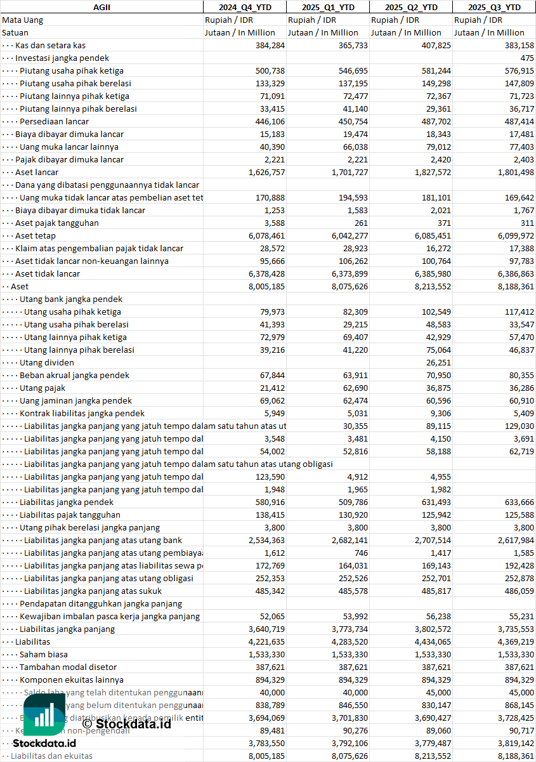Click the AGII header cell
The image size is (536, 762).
click(x=101, y=7)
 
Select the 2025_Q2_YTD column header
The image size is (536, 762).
click(x=411, y=7)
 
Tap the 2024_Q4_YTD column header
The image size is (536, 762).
click(x=245, y=7)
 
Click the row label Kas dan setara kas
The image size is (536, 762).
click(x=50, y=45)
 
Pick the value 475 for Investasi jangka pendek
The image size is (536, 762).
click(x=526, y=58)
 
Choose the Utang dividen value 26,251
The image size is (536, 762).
click(x=436, y=362)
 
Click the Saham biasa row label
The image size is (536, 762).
click(x=43, y=654)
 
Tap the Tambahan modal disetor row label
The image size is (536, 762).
click(x=68, y=667)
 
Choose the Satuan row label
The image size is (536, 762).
click(x=15, y=32)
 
